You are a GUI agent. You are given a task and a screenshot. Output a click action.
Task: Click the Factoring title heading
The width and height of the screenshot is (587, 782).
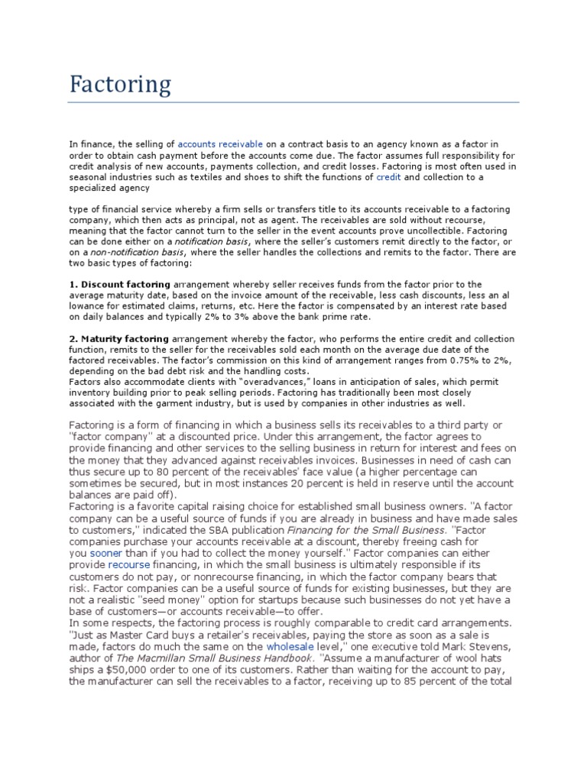[120, 84]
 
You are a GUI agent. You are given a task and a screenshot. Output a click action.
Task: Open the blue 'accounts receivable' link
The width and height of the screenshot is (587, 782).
[220, 144]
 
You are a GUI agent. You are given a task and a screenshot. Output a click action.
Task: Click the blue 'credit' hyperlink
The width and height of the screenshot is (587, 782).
[388, 176]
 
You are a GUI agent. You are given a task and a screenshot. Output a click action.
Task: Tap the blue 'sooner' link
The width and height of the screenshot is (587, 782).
[105, 552]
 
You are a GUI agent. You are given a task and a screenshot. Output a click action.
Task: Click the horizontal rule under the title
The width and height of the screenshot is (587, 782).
[294, 102]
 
